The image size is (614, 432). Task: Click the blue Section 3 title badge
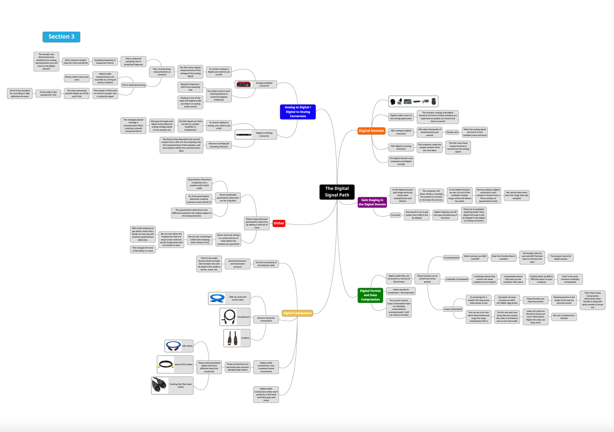[61, 37]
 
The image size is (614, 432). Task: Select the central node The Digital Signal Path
[337, 192]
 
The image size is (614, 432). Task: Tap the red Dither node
[279, 223]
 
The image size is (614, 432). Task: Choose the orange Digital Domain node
[371, 131]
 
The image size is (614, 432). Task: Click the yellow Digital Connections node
[297, 313]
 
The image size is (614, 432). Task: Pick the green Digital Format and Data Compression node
[370, 295]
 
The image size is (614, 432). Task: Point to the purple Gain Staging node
[372, 202]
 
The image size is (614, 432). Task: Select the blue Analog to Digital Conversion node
[298, 112]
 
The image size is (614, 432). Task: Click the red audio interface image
[244, 84]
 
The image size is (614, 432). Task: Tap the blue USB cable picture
[217, 298]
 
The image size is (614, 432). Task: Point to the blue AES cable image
[173, 346]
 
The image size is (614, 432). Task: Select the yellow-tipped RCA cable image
[166, 364]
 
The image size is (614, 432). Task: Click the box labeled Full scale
[395, 215]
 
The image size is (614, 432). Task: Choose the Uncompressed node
[451, 258]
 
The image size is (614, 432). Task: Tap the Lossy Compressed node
[453, 309]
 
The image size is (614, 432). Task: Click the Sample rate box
[452, 132]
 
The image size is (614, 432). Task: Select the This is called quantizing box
[133, 85]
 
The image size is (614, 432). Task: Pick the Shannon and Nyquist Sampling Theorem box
[219, 145]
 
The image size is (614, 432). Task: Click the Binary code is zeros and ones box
[76, 78]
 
